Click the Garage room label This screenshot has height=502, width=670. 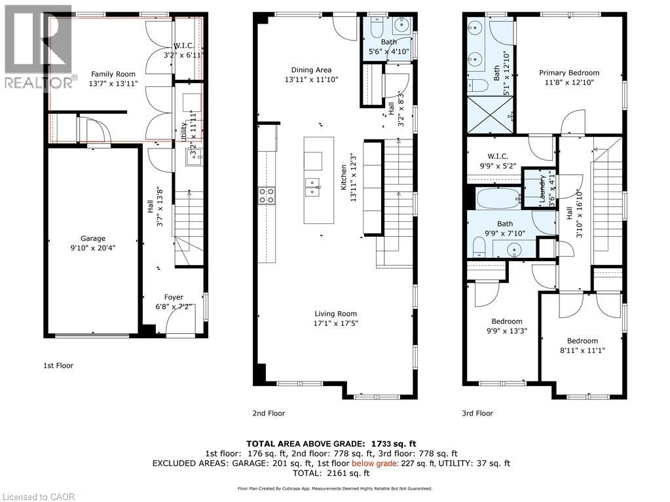click(x=93, y=239)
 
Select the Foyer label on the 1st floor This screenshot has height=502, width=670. click(x=174, y=297)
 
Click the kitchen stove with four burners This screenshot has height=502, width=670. click(x=267, y=194)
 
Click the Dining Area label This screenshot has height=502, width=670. click(x=312, y=70)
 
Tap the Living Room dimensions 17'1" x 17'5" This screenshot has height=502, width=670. click(x=335, y=323)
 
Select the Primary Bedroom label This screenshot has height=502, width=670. click(x=568, y=73)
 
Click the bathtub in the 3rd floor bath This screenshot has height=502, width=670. click(x=493, y=198)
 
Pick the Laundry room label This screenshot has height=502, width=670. click(x=542, y=188)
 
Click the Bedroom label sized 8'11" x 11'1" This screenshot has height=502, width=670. click(x=582, y=341)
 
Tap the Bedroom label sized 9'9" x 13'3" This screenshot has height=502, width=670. click(x=506, y=321)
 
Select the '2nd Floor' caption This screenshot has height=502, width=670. click(x=269, y=413)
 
